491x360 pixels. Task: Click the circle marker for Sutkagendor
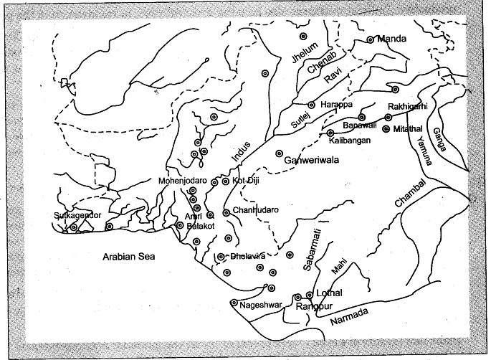73,227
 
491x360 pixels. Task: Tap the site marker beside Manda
370,40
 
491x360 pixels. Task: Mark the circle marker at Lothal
310,294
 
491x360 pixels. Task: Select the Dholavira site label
249,256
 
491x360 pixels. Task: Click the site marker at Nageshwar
234,303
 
